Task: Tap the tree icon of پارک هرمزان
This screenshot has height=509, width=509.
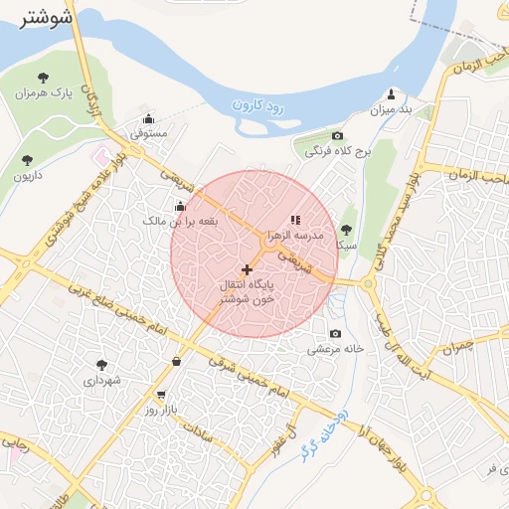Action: pyautogui.click(x=42, y=77)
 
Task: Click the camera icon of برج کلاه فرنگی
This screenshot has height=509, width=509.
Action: pyautogui.click(x=338, y=136)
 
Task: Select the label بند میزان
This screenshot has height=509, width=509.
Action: pyautogui.click(x=391, y=109)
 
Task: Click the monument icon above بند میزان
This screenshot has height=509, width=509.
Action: pyautogui.click(x=391, y=93)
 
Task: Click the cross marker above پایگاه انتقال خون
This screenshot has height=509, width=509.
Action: pyautogui.click(x=247, y=269)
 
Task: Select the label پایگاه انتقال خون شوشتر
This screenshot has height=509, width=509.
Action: pyautogui.click(x=248, y=291)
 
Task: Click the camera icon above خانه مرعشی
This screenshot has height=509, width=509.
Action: pyautogui.click(x=335, y=334)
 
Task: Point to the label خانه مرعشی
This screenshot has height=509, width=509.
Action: pyautogui.click(x=335, y=350)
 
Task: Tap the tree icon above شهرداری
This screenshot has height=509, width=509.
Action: pyautogui.click(x=100, y=365)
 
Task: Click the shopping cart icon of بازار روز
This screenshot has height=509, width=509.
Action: pyautogui.click(x=162, y=394)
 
